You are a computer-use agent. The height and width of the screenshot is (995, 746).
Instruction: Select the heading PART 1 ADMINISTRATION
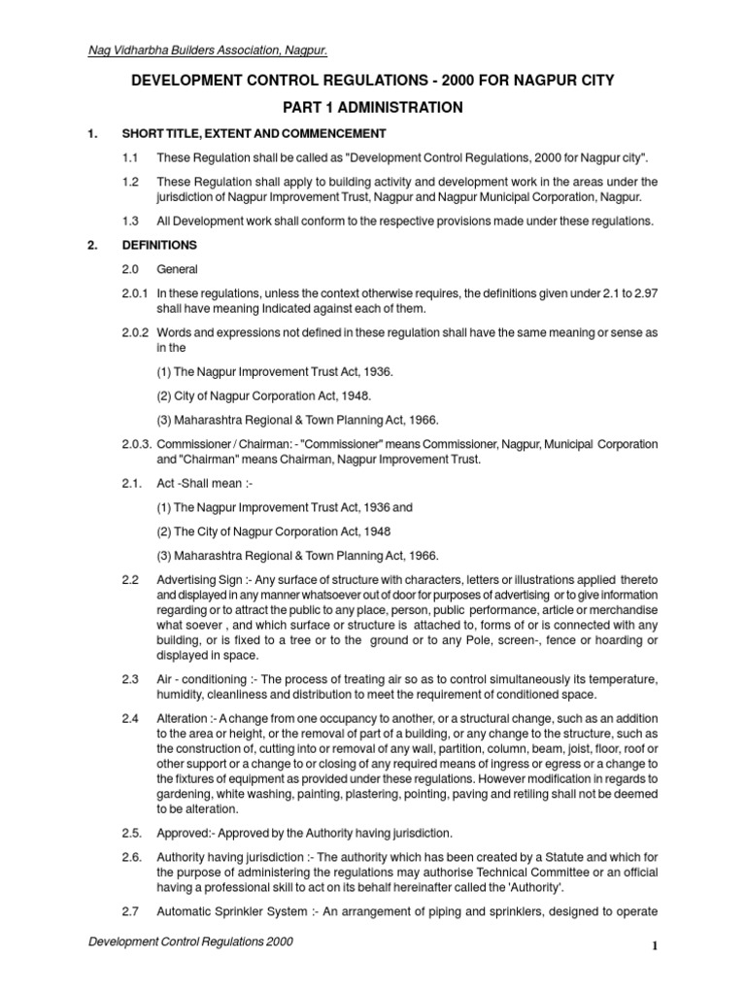373,107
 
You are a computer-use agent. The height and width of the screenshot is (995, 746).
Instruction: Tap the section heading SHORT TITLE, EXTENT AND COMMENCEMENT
254,133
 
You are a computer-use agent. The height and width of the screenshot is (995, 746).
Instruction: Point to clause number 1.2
131,182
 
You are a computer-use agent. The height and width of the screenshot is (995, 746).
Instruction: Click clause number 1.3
131,222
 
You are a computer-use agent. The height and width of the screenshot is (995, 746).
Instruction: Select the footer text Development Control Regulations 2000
190,943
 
